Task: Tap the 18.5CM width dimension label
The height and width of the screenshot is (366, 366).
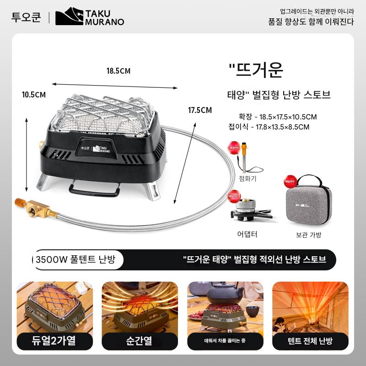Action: (118, 71)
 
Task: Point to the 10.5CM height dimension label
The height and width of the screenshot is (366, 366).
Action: (34, 95)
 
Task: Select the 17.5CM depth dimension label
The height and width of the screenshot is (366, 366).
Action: (200, 110)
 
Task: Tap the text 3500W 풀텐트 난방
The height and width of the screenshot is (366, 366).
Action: (75, 260)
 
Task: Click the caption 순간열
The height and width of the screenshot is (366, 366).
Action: (140, 341)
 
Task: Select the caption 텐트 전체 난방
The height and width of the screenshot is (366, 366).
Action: (310, 341)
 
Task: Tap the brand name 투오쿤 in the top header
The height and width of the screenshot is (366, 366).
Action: (26, 17)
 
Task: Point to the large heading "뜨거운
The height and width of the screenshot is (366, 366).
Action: (256, 70)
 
